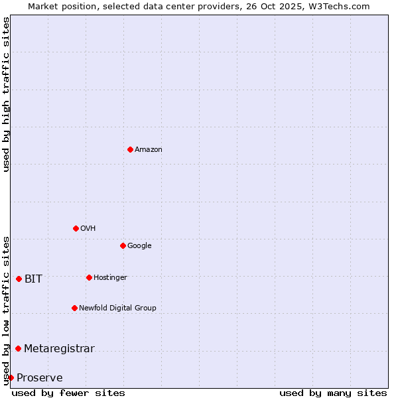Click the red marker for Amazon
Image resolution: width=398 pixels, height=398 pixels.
130,149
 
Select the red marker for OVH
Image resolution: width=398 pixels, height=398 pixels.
76,228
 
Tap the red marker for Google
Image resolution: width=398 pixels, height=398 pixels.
123,245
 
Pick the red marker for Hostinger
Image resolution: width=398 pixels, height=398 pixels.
89,277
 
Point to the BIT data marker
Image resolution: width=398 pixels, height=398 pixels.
19,279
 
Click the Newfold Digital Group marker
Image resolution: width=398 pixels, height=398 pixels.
74,308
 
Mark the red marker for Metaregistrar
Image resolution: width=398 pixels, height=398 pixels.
18,348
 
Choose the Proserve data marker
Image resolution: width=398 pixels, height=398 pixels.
11,377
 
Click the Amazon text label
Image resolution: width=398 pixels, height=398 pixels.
149,150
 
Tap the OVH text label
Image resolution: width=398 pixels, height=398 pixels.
88,229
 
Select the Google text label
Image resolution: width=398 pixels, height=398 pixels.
139,246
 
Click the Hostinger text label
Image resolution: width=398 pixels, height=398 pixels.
110,278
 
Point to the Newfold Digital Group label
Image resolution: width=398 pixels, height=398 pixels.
118,308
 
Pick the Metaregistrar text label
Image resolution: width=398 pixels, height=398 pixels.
59,349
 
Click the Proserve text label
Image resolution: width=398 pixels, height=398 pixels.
40,378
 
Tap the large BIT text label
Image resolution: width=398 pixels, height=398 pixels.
33,279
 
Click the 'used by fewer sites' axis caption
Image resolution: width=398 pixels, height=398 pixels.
68,393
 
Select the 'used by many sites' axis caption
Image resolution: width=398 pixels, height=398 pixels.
333,393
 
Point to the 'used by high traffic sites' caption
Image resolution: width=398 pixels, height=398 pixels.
7,94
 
